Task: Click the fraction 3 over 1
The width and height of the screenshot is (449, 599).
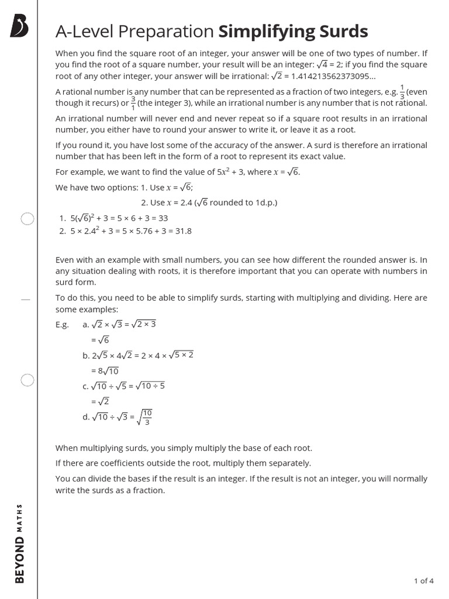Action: click(133, 102)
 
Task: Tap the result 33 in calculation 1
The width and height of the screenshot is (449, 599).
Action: click(163, 218)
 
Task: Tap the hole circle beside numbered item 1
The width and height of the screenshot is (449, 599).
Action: click(27, 219)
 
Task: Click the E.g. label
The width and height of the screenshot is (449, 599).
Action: click(62, 325)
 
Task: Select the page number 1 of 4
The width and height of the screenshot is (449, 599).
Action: click(423, 581)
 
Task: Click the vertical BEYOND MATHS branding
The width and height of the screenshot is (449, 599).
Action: click(20, 543)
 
